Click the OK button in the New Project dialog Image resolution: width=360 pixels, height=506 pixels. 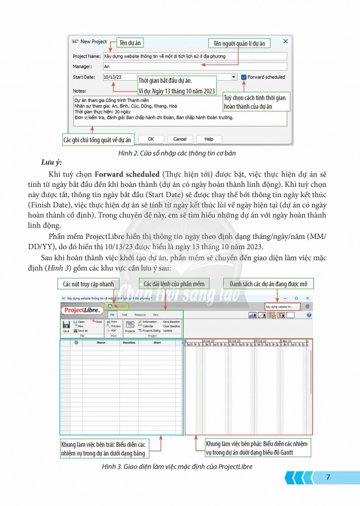151,139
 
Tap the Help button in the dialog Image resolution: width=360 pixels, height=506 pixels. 209,139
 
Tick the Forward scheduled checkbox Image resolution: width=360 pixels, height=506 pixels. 243,77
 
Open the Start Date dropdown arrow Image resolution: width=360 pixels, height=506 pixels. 234,77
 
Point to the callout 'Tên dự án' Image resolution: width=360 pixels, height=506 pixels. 130,43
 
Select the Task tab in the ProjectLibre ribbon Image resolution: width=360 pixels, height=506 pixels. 124,314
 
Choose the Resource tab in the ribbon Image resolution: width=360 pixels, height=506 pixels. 140,314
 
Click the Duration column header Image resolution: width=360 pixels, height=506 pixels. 129,342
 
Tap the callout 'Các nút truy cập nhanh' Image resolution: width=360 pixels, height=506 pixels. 88,284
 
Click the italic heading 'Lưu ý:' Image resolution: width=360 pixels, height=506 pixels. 51,163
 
